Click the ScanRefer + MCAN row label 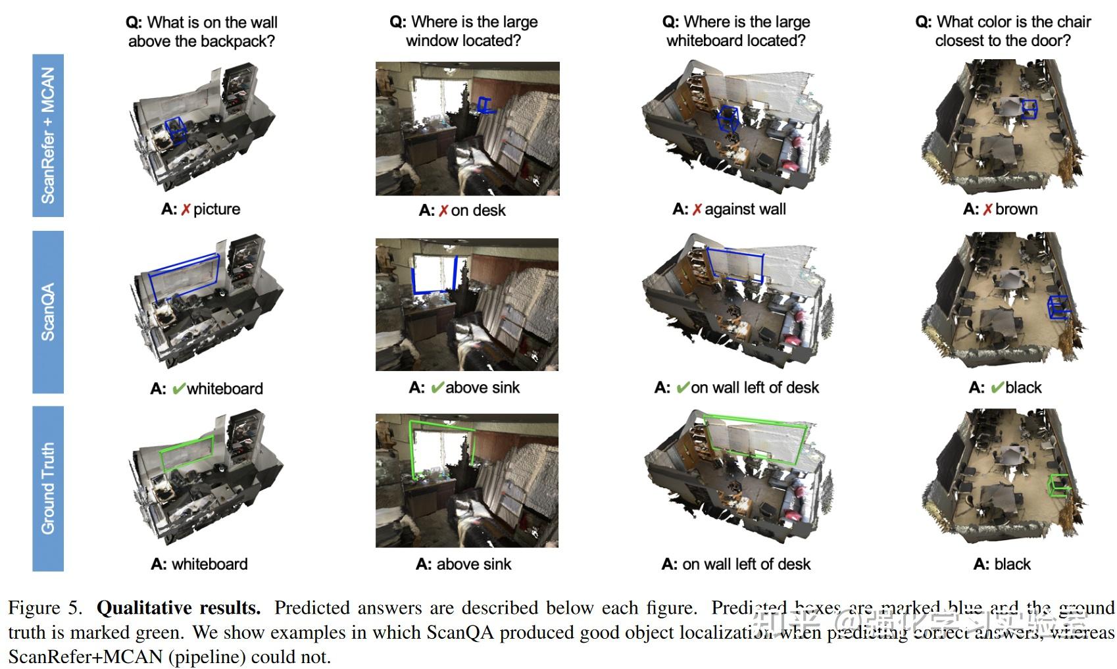tap(48, 135)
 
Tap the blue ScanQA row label tap(48, 312)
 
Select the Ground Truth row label tap(48, 488)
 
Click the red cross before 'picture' tap(186, 209)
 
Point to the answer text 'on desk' tap(478, 211)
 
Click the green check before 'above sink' tap(437, 387)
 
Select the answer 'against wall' tap(745, 209)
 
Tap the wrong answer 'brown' tap(1016, 209)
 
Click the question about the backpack tap(201, 32)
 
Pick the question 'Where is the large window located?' tap(464, 32)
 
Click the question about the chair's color tap(1003, 32)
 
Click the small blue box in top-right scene tap(1029, 109)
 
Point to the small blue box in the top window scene tap(485, 105)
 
